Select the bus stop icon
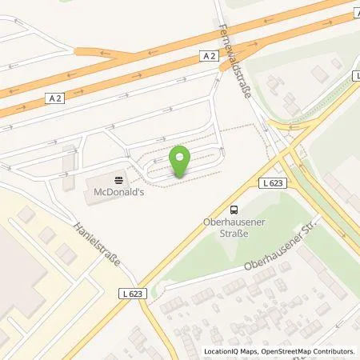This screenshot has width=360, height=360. coord(233,205)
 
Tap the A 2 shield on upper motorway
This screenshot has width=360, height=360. coord(209,55)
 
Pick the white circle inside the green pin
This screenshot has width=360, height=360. coord(180,157)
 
